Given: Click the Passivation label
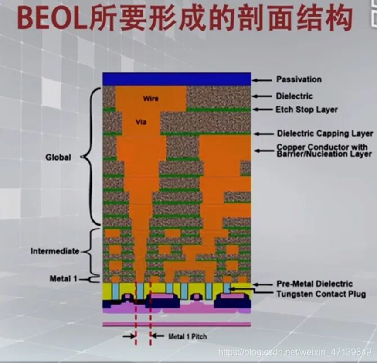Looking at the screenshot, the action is tap(299, 79).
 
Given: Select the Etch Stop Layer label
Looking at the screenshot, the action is tap(306, 110).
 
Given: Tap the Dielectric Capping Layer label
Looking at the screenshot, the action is tap(325, 134).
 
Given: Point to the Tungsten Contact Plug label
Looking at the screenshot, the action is tap(321, 294).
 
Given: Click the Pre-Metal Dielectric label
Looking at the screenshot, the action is tap(315, 284).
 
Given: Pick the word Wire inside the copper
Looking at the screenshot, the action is tap(151, 99).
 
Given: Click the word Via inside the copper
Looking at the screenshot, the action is tap(141, 122).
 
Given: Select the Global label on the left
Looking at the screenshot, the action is tap(58, 158).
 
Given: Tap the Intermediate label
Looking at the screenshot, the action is tap(55, 251).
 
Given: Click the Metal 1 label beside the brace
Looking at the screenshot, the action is tap(64, 279).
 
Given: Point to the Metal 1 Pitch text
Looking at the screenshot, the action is tap(187, 336).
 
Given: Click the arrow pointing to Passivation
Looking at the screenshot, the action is tap(262, 80).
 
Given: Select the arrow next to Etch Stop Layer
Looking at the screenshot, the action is tap(262, 109).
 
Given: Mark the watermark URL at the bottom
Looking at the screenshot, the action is tap(295, 353).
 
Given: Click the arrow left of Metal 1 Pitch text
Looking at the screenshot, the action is tap(129, 336).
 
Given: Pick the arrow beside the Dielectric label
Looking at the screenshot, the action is tap(262, 96).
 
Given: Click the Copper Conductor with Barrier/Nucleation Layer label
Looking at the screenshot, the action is tap(324, 150).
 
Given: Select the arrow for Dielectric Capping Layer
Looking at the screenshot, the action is tap(264, 134).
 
